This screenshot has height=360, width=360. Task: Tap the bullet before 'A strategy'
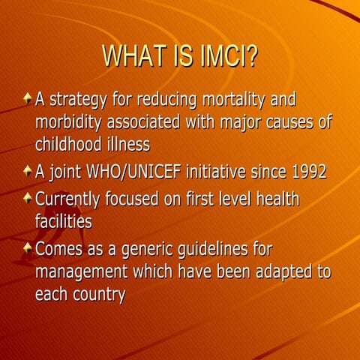(x=27, y=99)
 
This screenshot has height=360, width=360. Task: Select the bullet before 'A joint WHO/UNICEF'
(x=27, y=171)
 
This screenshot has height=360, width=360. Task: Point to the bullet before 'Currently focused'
(x=27, y=197)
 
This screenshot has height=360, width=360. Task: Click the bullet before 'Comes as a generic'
(x=27, y=247)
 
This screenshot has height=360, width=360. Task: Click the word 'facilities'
(x=63, y=221)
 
